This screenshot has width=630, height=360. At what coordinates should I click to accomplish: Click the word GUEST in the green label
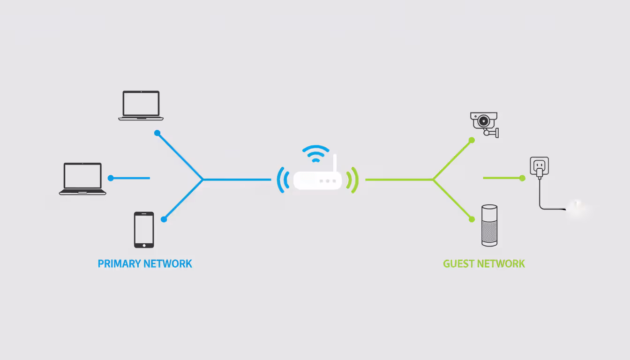tap(458, 263)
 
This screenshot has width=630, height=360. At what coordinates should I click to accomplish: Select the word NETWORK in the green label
tap(502, 263)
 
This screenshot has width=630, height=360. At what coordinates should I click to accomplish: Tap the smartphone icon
tap(144, 230)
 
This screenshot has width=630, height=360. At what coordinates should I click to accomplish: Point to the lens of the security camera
tap(482, 121)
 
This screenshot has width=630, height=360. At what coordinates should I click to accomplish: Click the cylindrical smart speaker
tap(489, 225)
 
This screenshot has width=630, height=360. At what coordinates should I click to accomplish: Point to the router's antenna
tap(335, 164)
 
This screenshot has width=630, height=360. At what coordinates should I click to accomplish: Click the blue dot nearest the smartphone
tap(164, 219)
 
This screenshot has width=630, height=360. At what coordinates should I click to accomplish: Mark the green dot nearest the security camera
tap(472, 140)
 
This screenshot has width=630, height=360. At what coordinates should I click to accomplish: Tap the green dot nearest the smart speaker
tap(472, 219)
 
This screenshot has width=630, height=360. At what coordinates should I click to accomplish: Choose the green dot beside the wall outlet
tap(522, 178)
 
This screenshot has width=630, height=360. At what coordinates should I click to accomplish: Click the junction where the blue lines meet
tap(202, 179)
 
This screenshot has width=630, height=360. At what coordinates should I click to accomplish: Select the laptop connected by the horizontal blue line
tap(82, 179)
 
